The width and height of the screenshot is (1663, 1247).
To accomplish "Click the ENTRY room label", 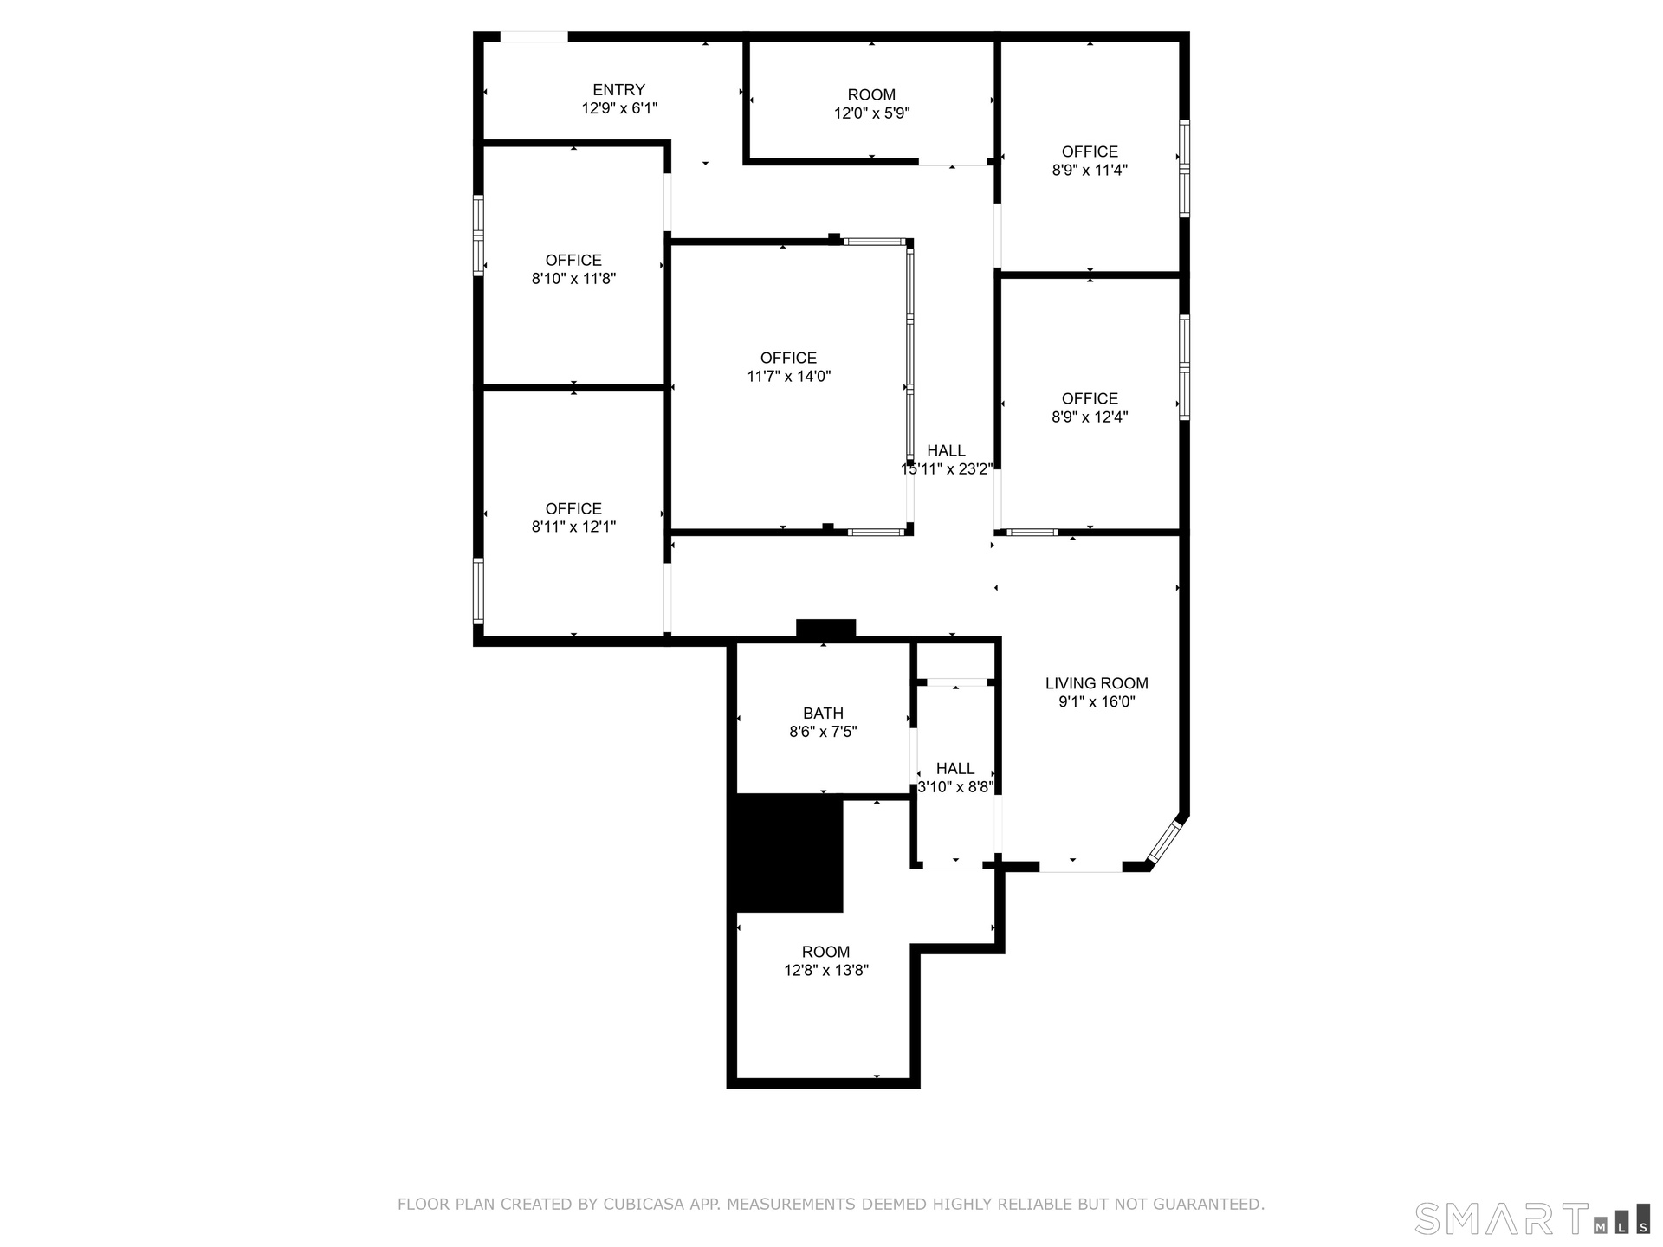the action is [618, 89].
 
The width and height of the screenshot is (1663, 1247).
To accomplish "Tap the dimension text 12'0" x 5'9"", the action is [871, 113].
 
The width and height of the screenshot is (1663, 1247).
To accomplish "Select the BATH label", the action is [823, 713].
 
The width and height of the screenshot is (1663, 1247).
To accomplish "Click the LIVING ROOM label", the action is [1097, 683].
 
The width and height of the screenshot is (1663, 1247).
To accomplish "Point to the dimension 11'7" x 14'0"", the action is [788, 377].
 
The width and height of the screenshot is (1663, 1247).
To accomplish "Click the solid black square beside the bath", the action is [789, 853].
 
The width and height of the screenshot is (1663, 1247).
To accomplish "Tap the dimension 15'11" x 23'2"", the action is [947, 469].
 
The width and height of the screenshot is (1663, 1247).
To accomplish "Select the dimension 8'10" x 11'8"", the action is [573, 279].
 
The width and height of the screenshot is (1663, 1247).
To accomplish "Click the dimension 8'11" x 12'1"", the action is [573, 527].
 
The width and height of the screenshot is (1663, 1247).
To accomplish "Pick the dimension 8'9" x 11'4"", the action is [1090, 171].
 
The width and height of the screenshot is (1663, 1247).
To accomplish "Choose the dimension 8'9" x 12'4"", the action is [1090, 417].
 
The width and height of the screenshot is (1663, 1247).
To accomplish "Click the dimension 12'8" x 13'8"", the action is [826, 971].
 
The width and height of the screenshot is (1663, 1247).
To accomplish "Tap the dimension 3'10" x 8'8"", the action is [955, 787].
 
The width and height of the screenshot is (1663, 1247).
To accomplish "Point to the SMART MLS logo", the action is [1532, 1218].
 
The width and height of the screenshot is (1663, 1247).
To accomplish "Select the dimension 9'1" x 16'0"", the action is [1097, 702].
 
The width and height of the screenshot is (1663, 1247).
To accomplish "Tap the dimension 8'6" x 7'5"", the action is [823, 732].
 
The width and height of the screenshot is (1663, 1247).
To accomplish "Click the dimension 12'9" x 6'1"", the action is [619, 109].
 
